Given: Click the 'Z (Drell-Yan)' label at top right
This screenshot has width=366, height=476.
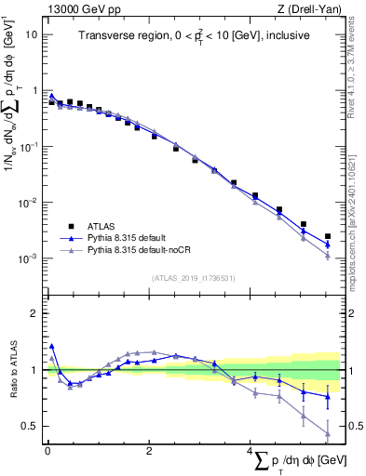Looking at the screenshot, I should coord(309,9).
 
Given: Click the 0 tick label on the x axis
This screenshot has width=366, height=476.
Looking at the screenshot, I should coord(47,451).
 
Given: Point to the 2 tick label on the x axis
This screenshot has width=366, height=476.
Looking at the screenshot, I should coord(149,451).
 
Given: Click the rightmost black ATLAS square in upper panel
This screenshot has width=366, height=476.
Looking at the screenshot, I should coord(328,237).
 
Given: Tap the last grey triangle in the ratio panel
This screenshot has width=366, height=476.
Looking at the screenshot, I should coord(328,433).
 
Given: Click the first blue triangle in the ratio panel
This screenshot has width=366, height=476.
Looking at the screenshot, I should coord(51,346).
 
